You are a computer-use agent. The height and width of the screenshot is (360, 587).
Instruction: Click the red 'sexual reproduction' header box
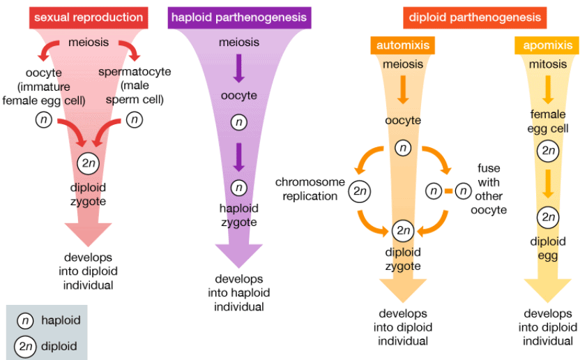click(88, 17)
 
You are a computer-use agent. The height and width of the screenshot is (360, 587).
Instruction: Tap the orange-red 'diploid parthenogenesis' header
click(474, 17)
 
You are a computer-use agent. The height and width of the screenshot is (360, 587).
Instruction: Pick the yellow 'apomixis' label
click(548, 46)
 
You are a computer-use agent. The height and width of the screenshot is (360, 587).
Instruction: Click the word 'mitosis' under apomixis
click(548, 64)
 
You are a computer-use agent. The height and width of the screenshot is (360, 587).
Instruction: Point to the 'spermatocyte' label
click(135, 72)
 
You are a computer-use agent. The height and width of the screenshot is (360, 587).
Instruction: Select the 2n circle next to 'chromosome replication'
click(359, 190)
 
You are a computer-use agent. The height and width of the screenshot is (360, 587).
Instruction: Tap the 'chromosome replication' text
click(310, 189)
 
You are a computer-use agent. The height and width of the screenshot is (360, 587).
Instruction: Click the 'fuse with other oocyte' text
click(489, 189)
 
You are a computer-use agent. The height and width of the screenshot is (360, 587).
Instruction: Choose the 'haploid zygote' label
click(239, 216)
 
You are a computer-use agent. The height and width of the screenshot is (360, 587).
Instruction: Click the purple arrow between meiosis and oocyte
click(239, 67)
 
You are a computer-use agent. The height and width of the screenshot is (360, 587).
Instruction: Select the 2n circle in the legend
click(25, 345)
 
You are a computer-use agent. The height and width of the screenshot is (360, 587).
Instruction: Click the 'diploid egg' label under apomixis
click(548, 248)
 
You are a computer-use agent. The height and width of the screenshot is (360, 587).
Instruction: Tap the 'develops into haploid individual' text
click(239, 293)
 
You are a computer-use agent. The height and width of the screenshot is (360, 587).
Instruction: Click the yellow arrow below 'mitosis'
click(548, 87)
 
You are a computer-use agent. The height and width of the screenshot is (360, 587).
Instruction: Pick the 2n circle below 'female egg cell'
click(548, 151)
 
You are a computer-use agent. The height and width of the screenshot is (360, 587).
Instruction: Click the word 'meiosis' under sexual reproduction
click(88, 43)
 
